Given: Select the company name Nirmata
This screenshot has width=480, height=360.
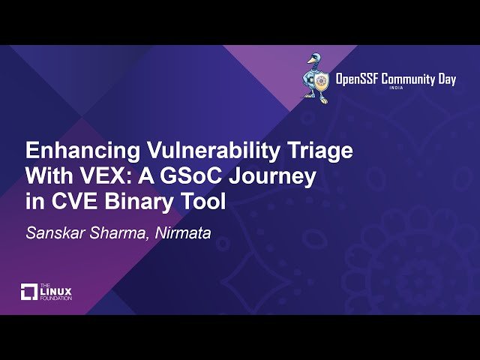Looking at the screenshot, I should click(x=183, y=233).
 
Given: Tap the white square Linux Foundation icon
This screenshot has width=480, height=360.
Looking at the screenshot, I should click(x=29, y=291).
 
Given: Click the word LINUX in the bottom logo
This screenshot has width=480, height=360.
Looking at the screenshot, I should click(x=58, y=290).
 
